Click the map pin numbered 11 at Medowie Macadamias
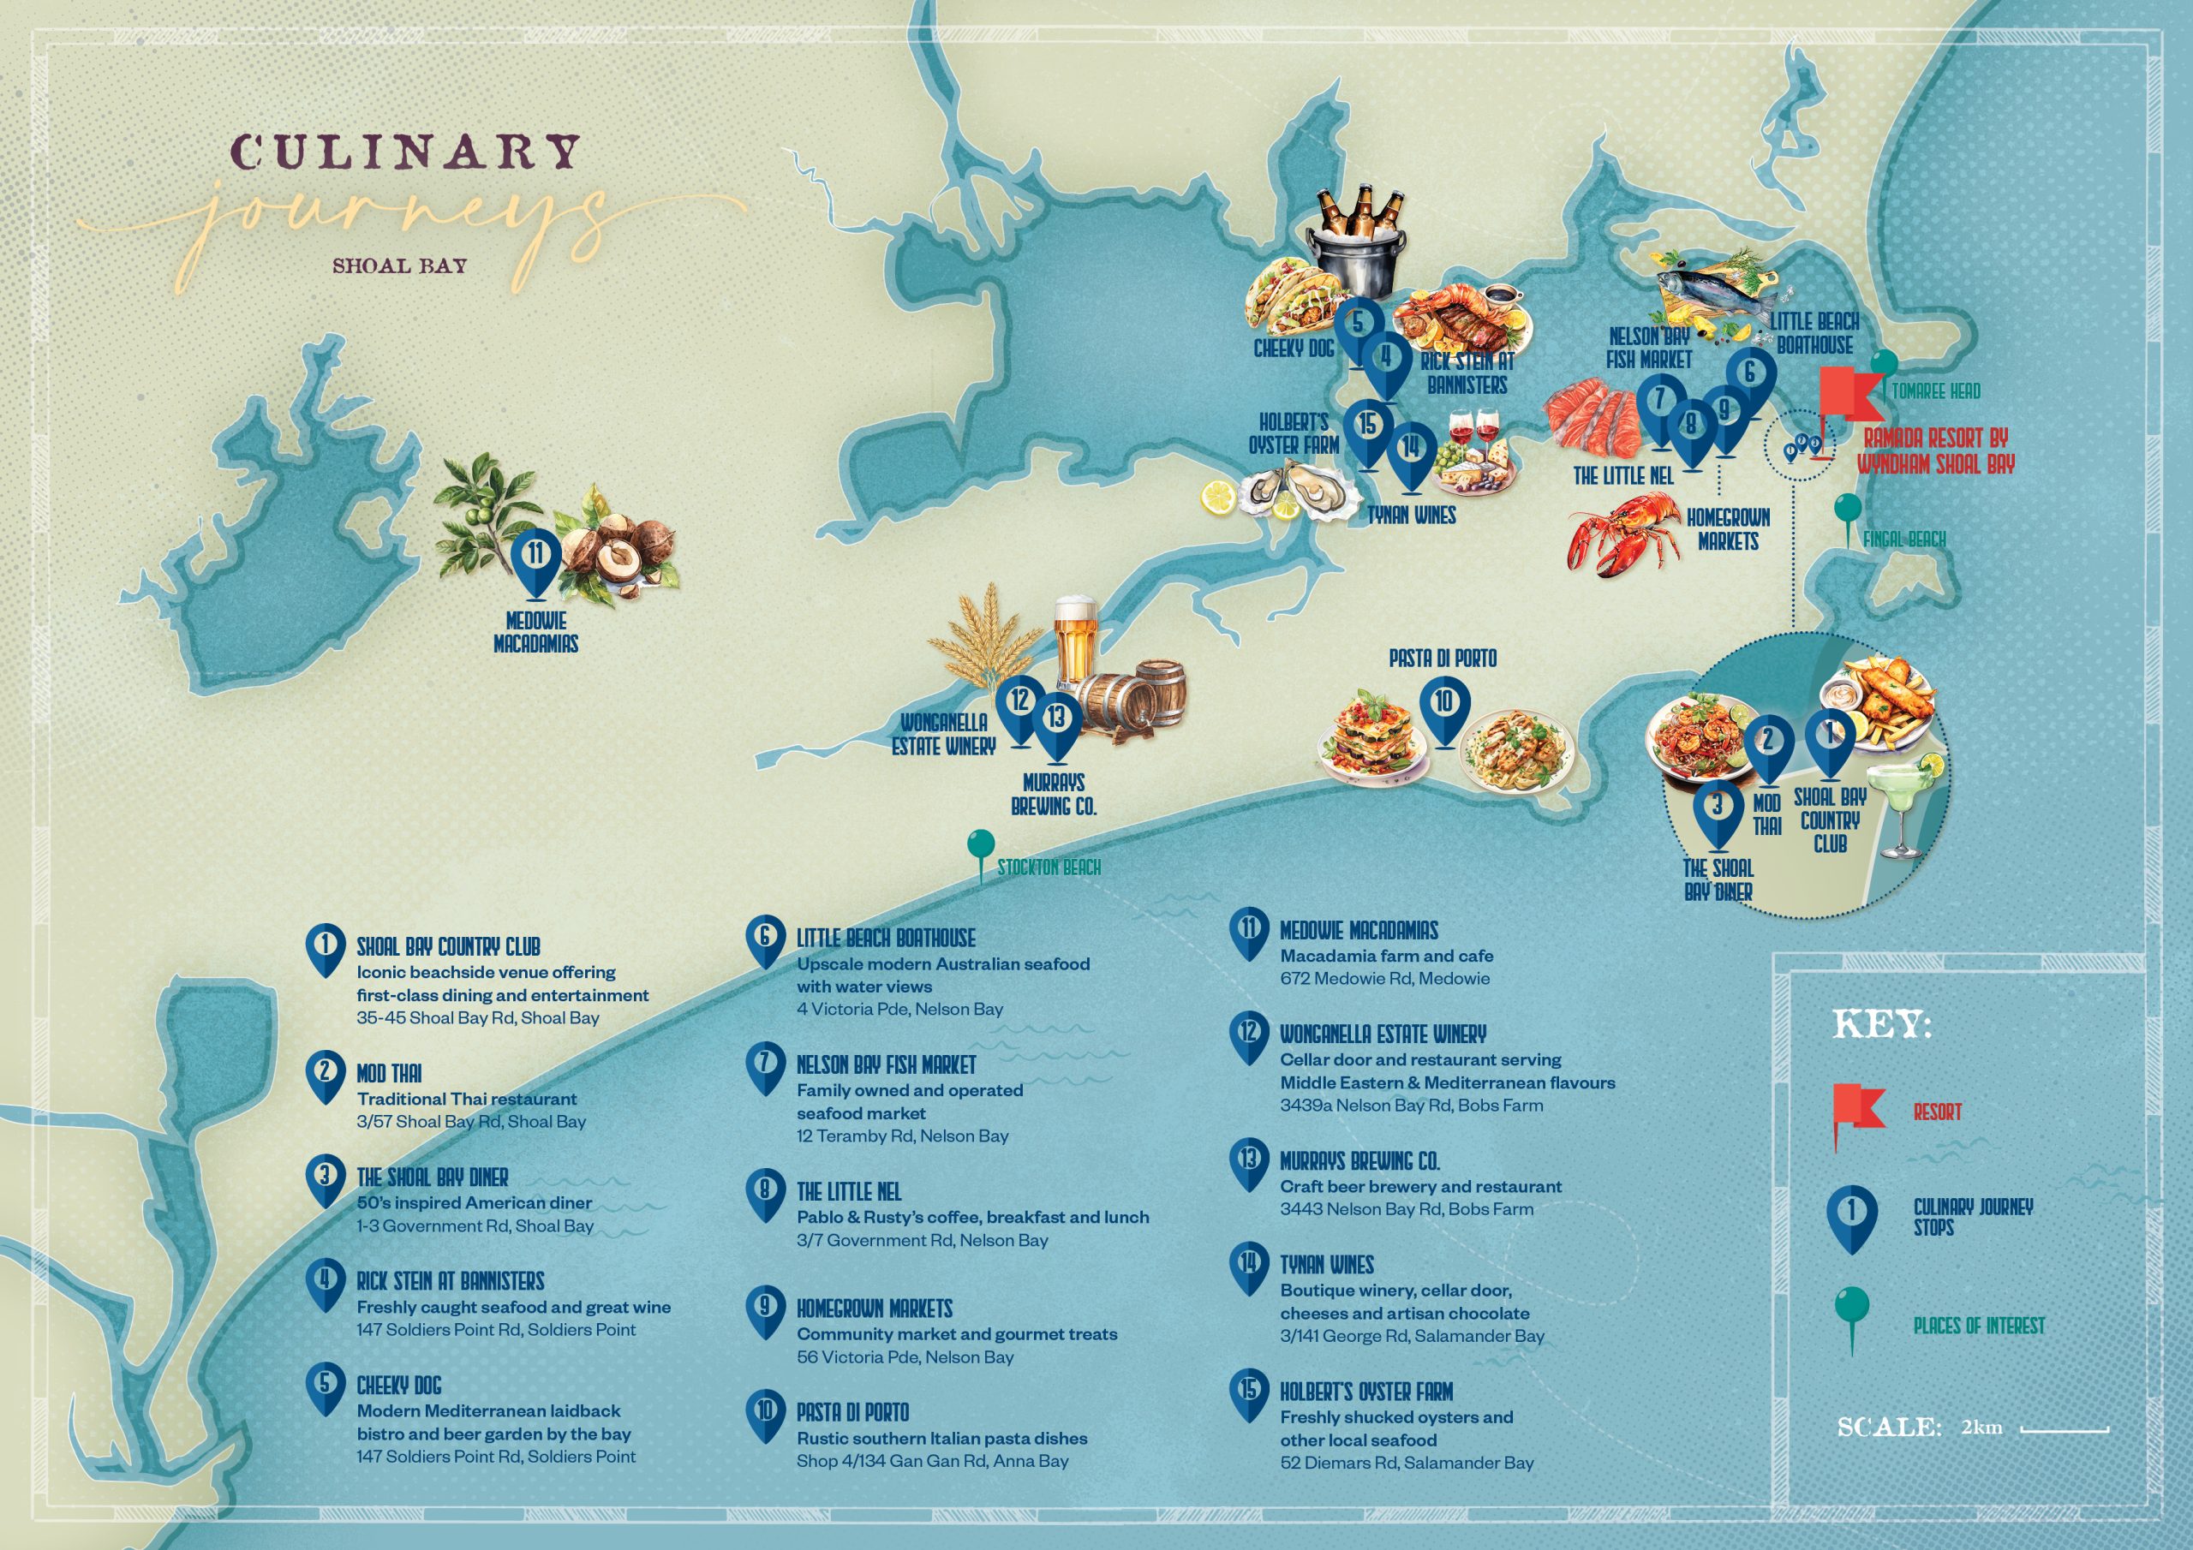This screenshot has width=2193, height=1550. coord(537,558)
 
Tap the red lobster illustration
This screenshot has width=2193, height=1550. coord(1623,535)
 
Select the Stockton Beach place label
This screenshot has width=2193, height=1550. coord(1049,867)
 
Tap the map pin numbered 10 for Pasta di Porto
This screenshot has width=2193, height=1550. coord(1443,706)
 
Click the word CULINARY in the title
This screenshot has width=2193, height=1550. coord(406,152)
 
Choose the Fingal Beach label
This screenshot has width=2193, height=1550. coord(1903,540)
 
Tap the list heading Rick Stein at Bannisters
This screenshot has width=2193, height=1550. coord(450,1281)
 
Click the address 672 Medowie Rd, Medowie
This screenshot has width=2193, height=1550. coord(1384,978)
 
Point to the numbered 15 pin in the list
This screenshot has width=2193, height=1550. coord(1248,1393)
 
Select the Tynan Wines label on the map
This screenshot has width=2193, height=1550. coord(1411,515)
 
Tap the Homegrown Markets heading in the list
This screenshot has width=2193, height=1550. coord(874,1309)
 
